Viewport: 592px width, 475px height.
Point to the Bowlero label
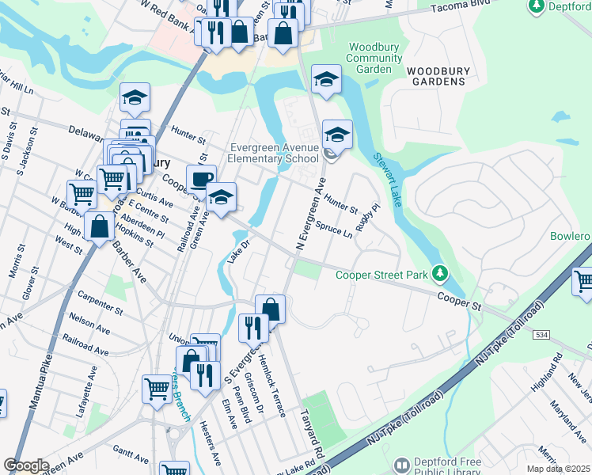coord(571,237)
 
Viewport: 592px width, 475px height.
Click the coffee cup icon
coord(202,178)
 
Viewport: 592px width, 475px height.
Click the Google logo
coord(26,466)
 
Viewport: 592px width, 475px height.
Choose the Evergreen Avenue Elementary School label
coord(275,153)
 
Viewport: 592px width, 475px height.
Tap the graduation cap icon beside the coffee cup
coord(221,196)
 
